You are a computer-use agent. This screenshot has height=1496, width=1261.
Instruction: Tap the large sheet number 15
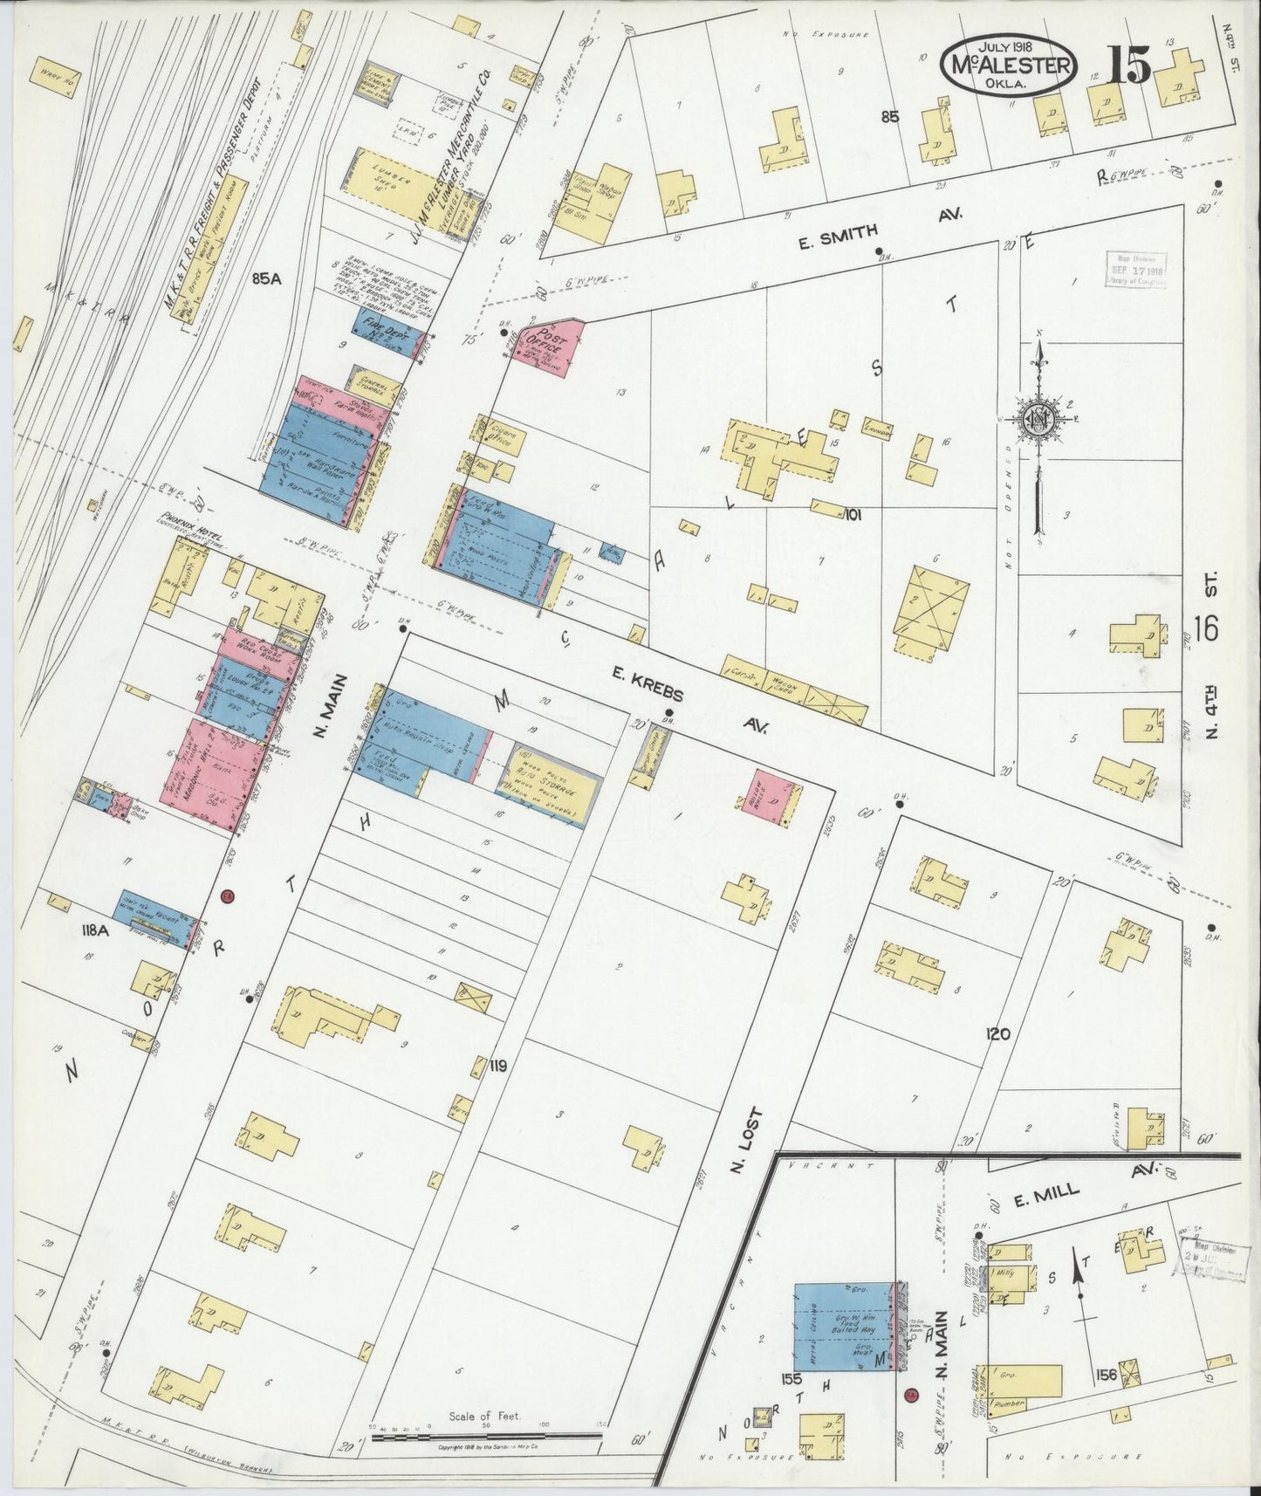tap(1129, 65)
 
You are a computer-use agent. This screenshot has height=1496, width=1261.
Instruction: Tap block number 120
tap(997, 1034)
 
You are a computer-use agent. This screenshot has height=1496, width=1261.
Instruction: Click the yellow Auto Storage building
tap(547, 784)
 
